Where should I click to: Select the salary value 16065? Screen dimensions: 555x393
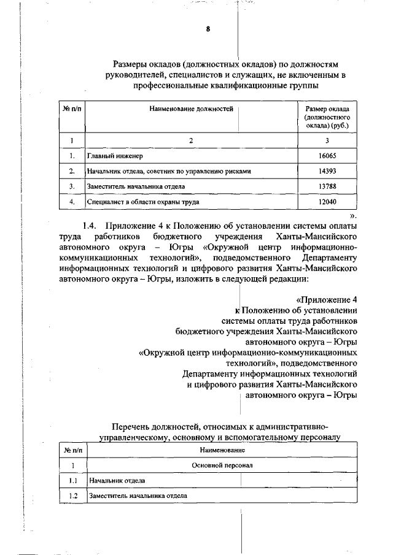327,156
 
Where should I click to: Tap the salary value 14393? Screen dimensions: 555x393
327,171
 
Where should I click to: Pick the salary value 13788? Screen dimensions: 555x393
327,186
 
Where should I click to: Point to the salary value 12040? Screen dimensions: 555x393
327,201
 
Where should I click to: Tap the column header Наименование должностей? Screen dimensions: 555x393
191,109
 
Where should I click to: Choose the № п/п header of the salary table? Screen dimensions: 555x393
72,109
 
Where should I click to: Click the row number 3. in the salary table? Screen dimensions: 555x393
72,186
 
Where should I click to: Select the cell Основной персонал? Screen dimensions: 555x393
222,465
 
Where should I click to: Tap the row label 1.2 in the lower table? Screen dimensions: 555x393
72,496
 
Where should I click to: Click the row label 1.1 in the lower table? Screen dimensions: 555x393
72,480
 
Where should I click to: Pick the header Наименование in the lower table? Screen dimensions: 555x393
222,451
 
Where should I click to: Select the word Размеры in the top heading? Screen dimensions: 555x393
133,64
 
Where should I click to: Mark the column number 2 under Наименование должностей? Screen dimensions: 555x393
191,141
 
